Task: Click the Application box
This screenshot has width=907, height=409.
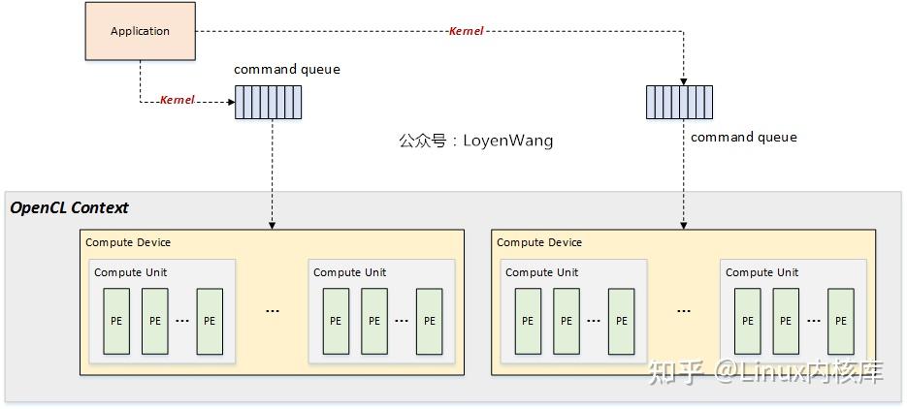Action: pyautogui.click(x=140, y=31)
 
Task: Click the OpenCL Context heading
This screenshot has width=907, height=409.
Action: pyautogui.click(x=69, y=207)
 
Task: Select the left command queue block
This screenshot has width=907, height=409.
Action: pyautogui.click(x=268, y=102)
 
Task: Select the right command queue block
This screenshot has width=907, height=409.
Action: pyautogui.click(x=679, y=102)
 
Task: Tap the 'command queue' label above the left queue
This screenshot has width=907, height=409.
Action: pyautogui.click(x=287, y=70)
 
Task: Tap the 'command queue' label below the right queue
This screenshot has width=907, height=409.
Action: pyautogui.click(x=743, y=137)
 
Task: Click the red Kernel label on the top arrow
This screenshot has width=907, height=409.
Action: pyautogui.click(x=466, y=31)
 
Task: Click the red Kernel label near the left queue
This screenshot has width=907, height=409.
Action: pyautogui.click(x=178, y=100)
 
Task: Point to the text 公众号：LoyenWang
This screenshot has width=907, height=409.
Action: pyautogui.click(x=475, y=141)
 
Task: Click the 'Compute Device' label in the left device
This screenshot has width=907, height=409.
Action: pyautogui.click(x=128, y=242)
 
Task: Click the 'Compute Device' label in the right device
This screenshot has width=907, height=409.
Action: pyautogui.click(x=539, y=242)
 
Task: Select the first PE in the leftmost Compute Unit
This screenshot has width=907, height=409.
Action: pyautogui.click(x=116, y=321)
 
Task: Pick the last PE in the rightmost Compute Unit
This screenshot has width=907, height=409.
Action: pyautogui.click(x=841, y=321)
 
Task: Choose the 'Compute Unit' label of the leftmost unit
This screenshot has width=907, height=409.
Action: pyautogui.click(x=130, y=272)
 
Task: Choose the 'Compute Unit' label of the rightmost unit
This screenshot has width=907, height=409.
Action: pyautogui.click(x=762, y=272)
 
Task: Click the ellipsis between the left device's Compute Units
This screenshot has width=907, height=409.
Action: pyautogui.click(x=273, y=311)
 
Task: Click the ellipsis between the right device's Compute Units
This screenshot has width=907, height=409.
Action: pyautogui.click(x=684, y=311)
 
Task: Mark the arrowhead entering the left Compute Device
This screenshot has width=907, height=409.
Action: pyautogui.click(x=272, y=225)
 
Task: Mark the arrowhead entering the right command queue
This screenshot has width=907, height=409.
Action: pyautogui.click(x=684, y=79)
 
